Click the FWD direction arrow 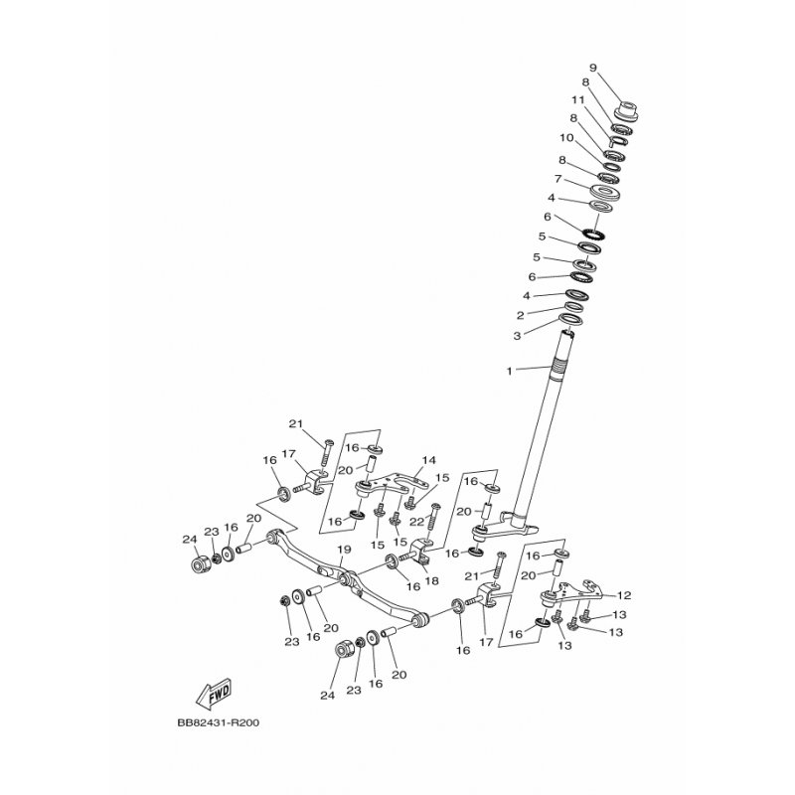click(214, 693)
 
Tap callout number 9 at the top click(593, 68)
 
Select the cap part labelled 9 click(626, 111)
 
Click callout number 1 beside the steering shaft click(510, 371)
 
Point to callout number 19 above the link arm click(344, 550)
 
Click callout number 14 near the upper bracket click(429, 460)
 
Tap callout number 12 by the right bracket click(624, 595)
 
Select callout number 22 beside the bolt click(416, 522)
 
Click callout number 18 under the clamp click(432, 581)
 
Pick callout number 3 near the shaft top click(517, 336)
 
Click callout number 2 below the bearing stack click(520, 316)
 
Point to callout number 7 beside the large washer click(557, 179)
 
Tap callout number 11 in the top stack click(578, 99)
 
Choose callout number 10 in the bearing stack click(566, 138)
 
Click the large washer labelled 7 click(605, 192)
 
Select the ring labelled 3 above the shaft click(569, 319)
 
